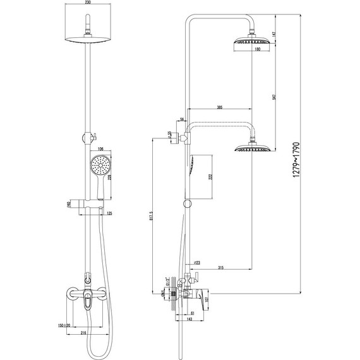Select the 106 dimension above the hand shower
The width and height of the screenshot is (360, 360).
(x=101, y=149)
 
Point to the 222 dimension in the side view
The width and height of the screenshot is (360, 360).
(x=212, y=180)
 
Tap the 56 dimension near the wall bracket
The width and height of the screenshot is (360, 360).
(x=182, y=118)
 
